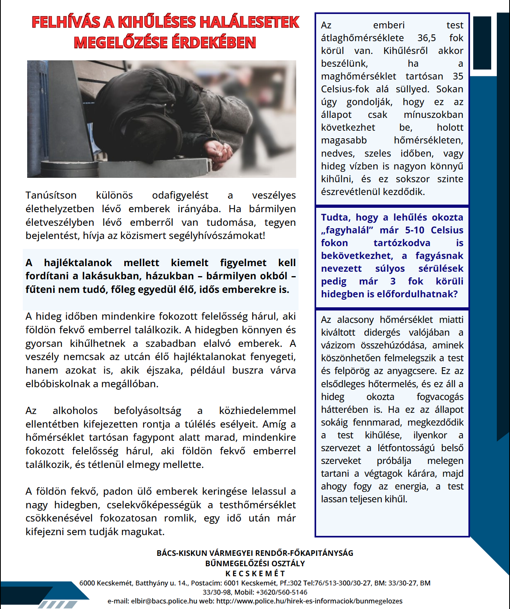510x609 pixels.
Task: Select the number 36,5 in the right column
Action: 426,38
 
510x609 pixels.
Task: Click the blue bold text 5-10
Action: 414,230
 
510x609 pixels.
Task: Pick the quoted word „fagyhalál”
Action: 347,230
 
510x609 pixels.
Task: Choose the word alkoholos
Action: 75,411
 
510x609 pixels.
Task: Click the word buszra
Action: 248,370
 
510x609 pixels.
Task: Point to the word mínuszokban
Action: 433,115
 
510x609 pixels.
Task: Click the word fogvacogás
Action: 440,397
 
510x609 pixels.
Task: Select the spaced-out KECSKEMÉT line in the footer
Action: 255,573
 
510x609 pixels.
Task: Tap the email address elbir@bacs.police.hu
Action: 164,601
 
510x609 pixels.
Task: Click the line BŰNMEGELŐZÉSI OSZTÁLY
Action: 255,563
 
